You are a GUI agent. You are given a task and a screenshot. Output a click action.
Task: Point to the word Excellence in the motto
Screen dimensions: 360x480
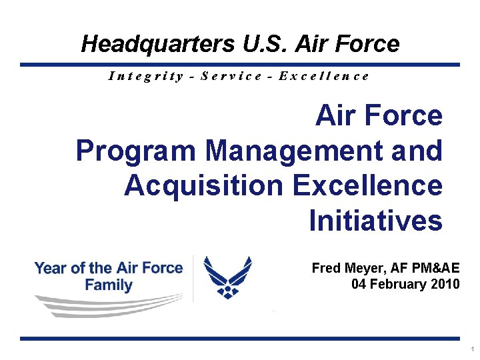[x=323, y=75]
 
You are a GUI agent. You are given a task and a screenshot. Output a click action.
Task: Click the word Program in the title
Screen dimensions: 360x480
[x=135, y=151]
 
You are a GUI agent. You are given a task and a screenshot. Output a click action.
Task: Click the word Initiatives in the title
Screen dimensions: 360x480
[x=375, y=220]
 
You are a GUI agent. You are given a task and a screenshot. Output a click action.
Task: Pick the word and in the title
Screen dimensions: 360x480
[x=417, y=151]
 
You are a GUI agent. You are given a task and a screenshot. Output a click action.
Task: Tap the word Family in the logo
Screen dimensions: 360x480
[x=109, y=285]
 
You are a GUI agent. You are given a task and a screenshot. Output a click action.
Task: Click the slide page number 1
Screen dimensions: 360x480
[x=471, y=349]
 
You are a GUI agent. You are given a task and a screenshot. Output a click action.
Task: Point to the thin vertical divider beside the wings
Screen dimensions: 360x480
[x=193, y=279]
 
